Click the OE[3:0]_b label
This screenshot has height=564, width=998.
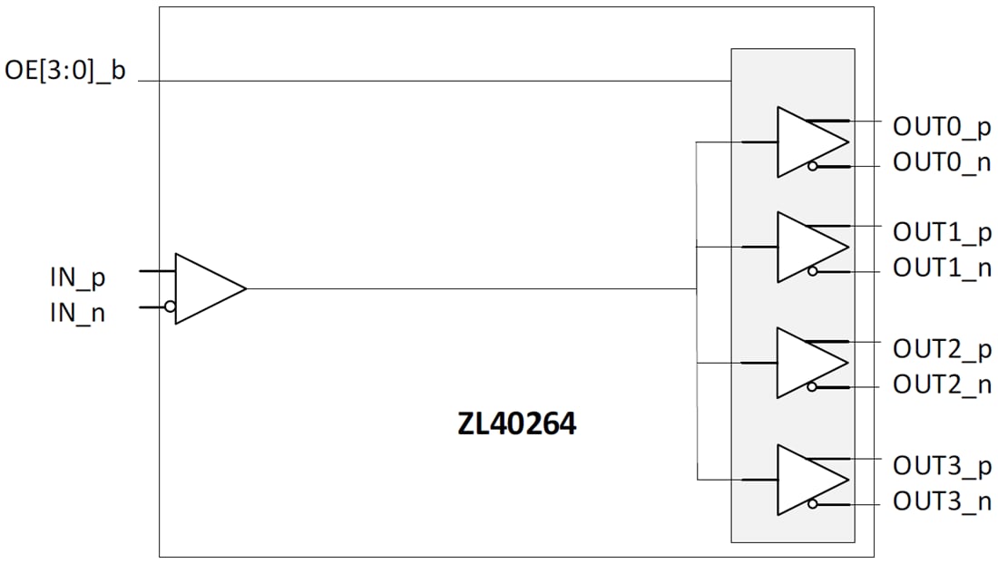65,72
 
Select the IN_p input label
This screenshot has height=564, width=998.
78,277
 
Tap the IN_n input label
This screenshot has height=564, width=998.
78,314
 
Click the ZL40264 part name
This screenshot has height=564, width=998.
517,424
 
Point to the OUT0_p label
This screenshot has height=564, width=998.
942,128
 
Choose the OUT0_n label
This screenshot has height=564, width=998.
942,163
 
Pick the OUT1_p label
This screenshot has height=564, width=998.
942,232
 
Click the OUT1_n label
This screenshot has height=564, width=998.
942,267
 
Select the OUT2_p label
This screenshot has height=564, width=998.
942,348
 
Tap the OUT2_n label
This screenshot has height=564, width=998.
942,384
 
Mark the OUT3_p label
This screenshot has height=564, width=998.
942,465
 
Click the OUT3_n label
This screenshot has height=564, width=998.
942,501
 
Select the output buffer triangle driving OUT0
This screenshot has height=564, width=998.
807,141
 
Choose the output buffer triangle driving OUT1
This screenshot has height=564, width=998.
807,247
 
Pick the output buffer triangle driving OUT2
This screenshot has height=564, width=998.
807,363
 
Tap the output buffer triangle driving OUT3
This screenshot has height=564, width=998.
807,480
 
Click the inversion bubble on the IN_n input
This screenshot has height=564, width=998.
170,306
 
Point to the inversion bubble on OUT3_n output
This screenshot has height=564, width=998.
813,504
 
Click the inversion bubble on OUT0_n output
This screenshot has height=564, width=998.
813,166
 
